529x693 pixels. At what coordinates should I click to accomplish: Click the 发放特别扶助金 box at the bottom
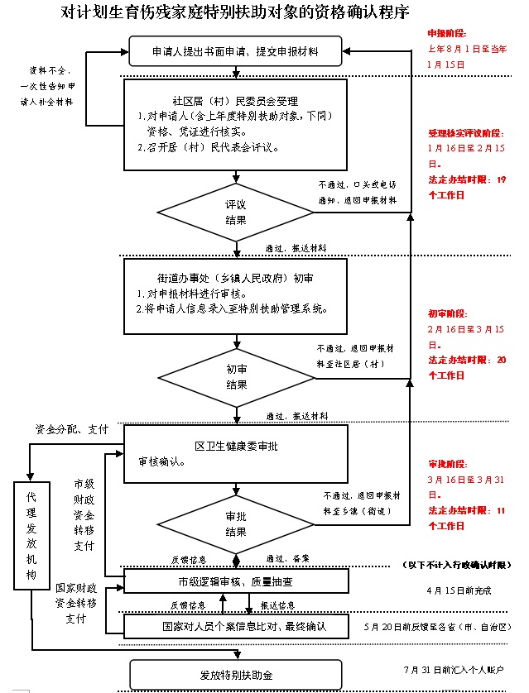pyautogui.click(x=236, y=675)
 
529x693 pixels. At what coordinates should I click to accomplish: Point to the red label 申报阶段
pyautogui.click(x=447, y=34)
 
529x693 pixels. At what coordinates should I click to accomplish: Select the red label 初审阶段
pyautogui.click(x=447, y=314)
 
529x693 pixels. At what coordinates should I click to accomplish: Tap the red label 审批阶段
pyautogui.click(x=447, y=463)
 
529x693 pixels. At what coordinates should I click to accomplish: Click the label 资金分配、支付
pyautogui.click(x=71, y=430)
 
